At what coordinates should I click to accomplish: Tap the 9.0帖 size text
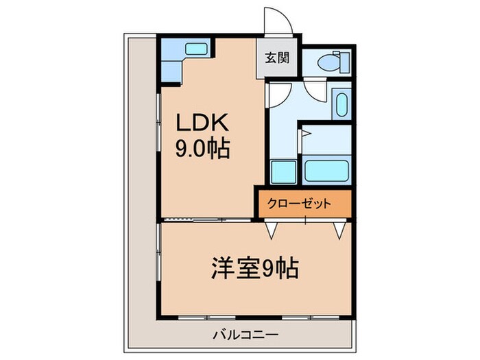coord(203,147)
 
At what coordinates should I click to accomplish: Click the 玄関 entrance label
coord(277,58)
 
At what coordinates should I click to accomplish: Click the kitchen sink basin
coord(197,49)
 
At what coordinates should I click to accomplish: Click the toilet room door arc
coord(316,93)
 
